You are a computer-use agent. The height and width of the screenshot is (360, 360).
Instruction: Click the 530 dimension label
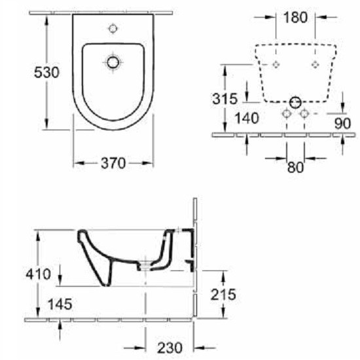click(x=20, y=72)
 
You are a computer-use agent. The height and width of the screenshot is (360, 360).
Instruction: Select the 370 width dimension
click(x=113, y=164)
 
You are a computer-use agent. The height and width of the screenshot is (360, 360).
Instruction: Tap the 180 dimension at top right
click(x=295, y=18)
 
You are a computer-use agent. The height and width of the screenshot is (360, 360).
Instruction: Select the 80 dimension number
click(x=295, y=168)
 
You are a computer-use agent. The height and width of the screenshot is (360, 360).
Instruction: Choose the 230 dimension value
click(x=169, y=347)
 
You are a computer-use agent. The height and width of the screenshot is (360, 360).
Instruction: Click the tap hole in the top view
click(x=113, y=28)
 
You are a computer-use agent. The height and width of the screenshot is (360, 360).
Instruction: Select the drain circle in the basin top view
click(x=113, y=62)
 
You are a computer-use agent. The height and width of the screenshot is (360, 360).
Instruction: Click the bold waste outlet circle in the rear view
click(x=295, y=102)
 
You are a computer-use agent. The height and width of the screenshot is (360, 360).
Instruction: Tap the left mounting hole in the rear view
click(x=276, y=63)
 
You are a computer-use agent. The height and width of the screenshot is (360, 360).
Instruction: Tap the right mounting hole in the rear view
click(x=315, y=63)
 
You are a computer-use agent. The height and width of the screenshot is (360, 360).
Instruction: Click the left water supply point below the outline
click(x=286, y=114)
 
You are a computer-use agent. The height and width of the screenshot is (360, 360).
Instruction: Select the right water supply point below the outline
click(x=304, y=114)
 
